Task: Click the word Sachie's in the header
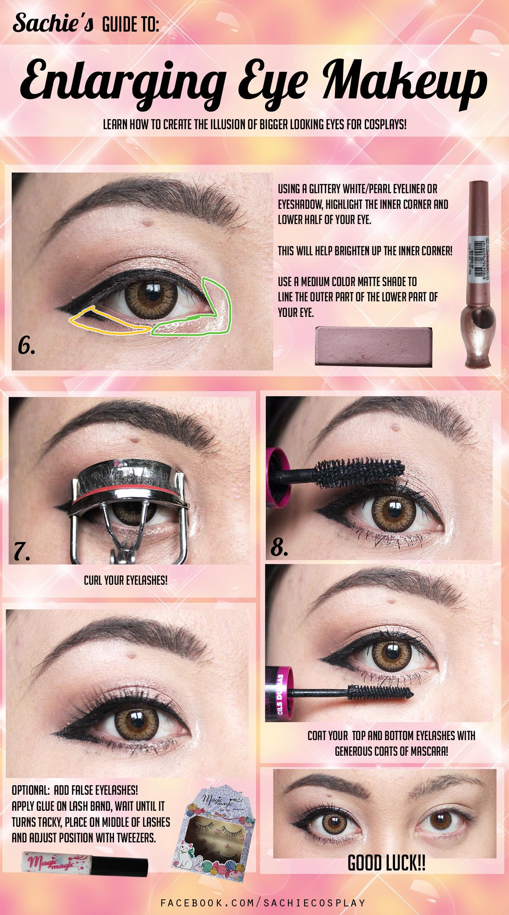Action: (x=53, y=24)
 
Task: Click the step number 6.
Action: (x=27, y=346)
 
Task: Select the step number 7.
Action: (x=22, y=552)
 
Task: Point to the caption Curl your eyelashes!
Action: (x=126, y=580)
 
